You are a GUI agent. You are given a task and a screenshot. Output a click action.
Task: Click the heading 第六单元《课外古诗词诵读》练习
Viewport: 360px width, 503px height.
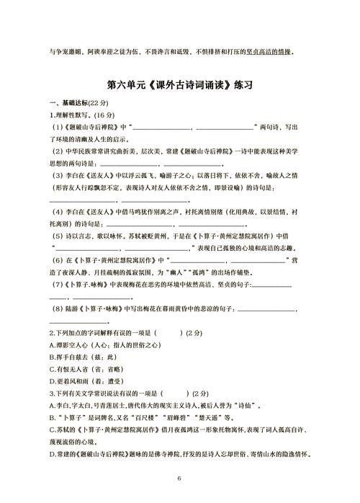(180, 84)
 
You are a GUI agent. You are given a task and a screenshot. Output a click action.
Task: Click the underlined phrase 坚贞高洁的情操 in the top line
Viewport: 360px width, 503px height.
(266, 52)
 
